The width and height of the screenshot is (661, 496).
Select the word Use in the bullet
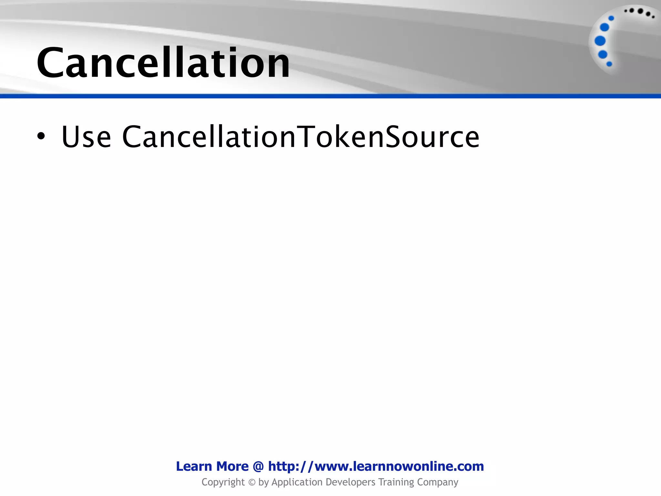click(x=86, y=137)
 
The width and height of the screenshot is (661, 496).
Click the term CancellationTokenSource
click(x=301, y=137)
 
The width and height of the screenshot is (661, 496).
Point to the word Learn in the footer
click(x=194, y=466)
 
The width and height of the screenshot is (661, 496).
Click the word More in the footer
click(x=232, y=466)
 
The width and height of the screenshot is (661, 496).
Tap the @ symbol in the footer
click(x=258, y=467)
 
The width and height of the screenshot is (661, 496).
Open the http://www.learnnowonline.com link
click(x=376, y=466)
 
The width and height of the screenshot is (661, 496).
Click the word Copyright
click(x=223, y=482)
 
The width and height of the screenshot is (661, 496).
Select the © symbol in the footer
click(x=252, y=482)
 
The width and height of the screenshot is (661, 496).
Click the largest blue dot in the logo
click(x=600, y=41)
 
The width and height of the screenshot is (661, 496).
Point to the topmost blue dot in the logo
click(x=611, y=18)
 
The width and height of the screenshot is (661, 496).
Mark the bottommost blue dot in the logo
click(x=609, y=64)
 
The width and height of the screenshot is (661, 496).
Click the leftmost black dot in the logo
click(x=626, y=11)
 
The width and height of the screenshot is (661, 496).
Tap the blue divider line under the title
click(x=330, y=96)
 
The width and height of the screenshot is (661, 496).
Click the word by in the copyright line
click(x=264, y=482)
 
